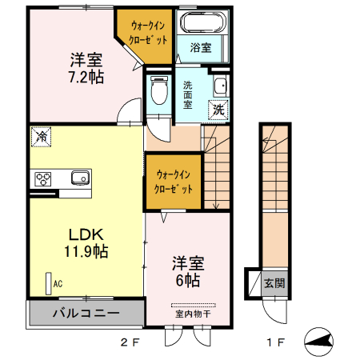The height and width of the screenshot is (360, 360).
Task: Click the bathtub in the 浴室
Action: [203, 22]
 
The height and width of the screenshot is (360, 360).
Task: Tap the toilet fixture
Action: [159, 90]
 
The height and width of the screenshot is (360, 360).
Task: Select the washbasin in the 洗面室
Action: [221, 86]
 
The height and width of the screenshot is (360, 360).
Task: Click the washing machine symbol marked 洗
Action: [218, 110]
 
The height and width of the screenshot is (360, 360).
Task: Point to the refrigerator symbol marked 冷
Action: [42, 137]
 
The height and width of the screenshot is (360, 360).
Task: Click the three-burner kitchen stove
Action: [43, 179]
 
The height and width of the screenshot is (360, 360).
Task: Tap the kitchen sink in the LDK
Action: [80, 178]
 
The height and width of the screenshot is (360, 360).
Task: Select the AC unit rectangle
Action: [49, 283]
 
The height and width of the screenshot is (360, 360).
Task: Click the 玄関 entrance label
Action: [274, 283]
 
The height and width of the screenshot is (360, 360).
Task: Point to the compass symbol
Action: [318, 342]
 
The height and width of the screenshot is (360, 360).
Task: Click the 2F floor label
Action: [130, 342]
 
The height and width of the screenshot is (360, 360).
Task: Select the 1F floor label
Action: [276, 342]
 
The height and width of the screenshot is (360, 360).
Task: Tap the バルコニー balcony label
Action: [86, 313]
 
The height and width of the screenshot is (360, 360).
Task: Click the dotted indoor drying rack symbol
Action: [194, 305]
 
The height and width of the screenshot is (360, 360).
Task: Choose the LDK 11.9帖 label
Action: [86, 243]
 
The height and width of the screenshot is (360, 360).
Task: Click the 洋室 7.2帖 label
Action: [86, 68]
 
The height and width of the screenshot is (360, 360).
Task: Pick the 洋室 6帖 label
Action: [188, 271]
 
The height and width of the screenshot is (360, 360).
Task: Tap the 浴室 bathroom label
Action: [201, 48]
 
